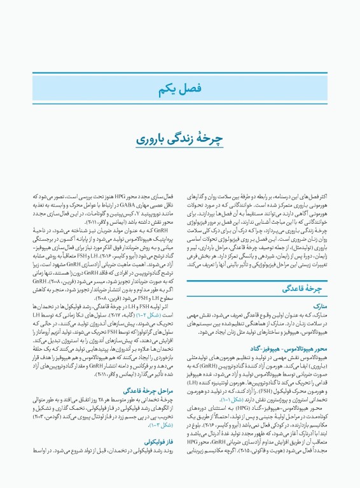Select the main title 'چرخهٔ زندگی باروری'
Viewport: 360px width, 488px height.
point(180,157)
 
